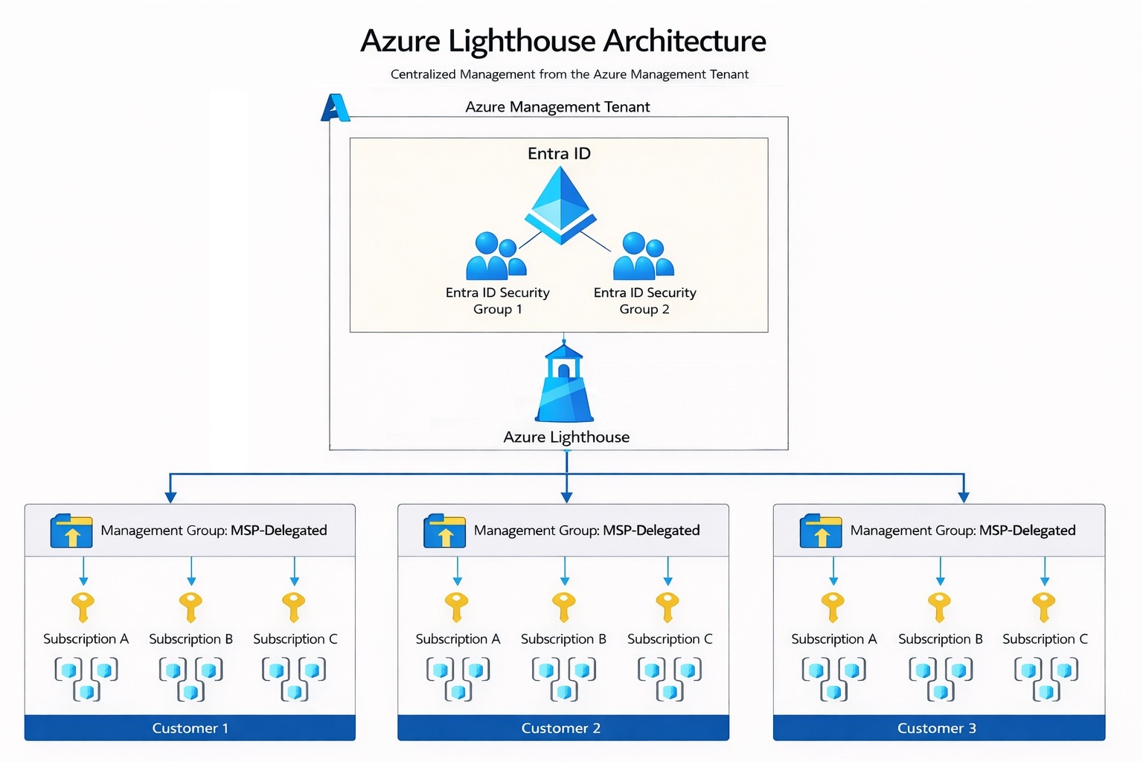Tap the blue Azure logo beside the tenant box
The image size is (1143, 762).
click(335, 108)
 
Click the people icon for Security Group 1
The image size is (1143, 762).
click(496, 257)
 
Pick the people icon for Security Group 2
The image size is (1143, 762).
click(643, 257)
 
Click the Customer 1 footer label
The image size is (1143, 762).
click(190, 728)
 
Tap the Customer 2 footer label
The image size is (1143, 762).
click(561, 728)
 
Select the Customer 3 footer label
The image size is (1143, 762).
click(937, 728)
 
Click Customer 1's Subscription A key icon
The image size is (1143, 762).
click(83, 606)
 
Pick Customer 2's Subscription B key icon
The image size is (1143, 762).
click(563, 606)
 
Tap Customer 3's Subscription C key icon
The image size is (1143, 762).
click(1044, 606)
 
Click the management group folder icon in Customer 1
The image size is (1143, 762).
click(71, 531)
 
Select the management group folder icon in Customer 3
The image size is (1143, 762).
click(821, 531)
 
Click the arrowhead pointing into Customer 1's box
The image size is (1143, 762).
click(170, 497)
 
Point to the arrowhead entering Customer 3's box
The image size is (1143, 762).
click(964, 497)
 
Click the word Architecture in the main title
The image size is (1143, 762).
click(684, 41)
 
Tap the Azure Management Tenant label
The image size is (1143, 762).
click(557, 107)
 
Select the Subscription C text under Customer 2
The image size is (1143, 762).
click(670, 639)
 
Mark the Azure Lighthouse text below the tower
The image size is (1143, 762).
click(566, 438)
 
